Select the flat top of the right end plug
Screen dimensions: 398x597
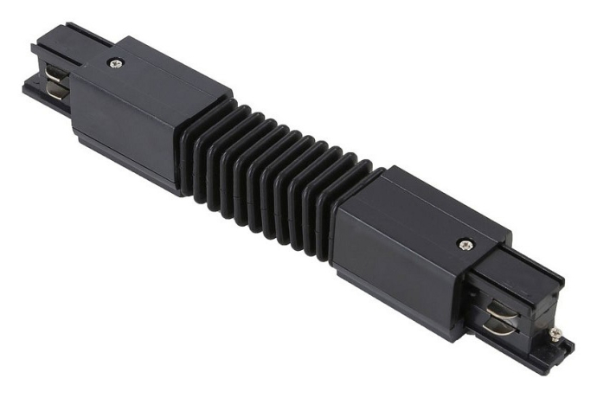[528, 273]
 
